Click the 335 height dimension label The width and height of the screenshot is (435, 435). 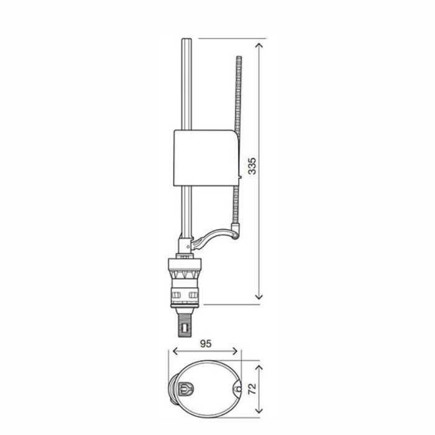pos(252,166)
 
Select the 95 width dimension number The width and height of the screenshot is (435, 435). pos(206,344)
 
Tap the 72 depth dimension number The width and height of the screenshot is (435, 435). pos(252,389)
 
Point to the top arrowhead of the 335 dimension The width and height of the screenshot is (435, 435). pos(259,46)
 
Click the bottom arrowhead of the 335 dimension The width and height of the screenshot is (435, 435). pos(259,296)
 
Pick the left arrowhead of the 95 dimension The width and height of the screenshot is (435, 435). pos(176,351)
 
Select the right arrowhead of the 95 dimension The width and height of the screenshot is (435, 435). pos(235,351)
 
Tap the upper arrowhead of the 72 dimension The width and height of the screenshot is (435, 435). pos(259,368)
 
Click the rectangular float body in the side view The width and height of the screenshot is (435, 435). pos(206,158)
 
